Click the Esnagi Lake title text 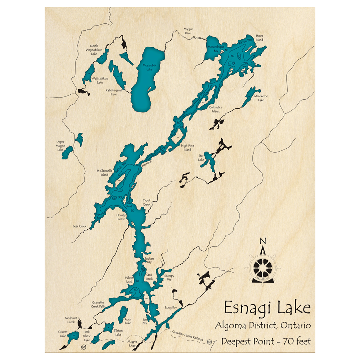(267, 309)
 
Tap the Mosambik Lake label (147, 67)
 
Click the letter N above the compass (263, 242)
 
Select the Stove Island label (260, 38)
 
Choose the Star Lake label (201, 158)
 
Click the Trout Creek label (147, 202)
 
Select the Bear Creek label (80, 226)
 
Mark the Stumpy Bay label (169, 278)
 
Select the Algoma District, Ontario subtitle (263, 325)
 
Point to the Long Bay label (171, 307)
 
